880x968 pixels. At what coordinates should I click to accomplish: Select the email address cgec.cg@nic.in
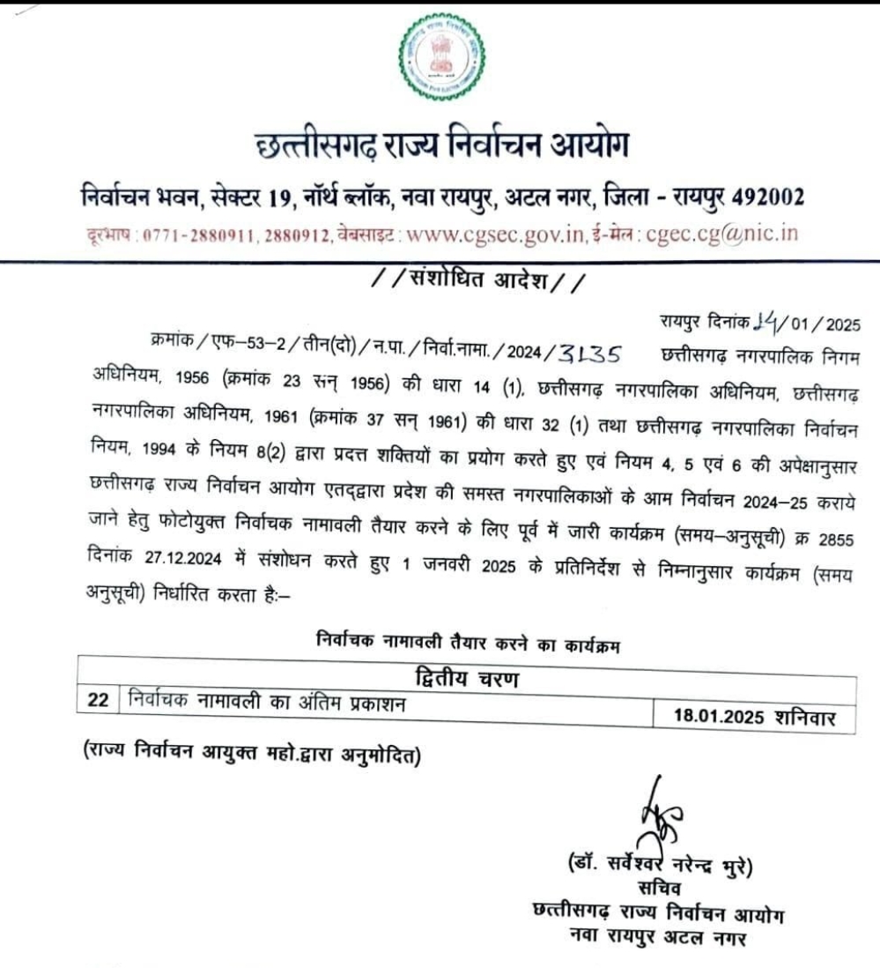pos(722,235)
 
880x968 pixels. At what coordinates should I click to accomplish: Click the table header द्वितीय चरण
pos(467,679)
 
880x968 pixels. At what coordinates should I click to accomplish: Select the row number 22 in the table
pos(98,702)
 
